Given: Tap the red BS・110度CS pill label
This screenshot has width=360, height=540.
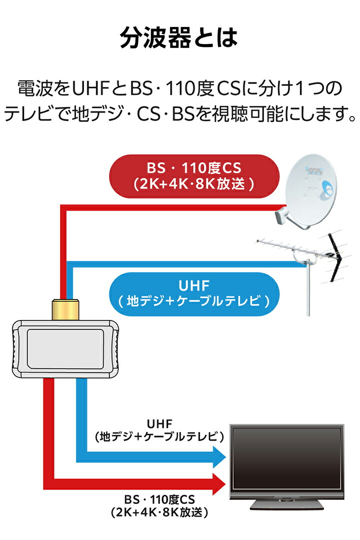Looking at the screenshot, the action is click(194, 176).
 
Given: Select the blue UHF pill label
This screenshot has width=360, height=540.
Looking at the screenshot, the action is click(194, 294).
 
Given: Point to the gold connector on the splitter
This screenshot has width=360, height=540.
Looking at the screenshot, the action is click(65, 309).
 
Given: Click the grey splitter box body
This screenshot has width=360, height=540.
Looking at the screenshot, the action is click(65, 349).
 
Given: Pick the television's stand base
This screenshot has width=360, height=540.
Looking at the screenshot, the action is click(286, 504).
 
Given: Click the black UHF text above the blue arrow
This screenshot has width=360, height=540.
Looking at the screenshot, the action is click(159, 424).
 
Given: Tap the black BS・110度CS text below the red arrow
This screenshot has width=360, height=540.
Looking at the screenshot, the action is click(159, 499).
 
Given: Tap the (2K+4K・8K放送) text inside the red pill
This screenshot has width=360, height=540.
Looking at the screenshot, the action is click(194, 184).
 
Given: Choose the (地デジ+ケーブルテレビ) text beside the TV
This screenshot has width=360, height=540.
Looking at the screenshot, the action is click(159, 436).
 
